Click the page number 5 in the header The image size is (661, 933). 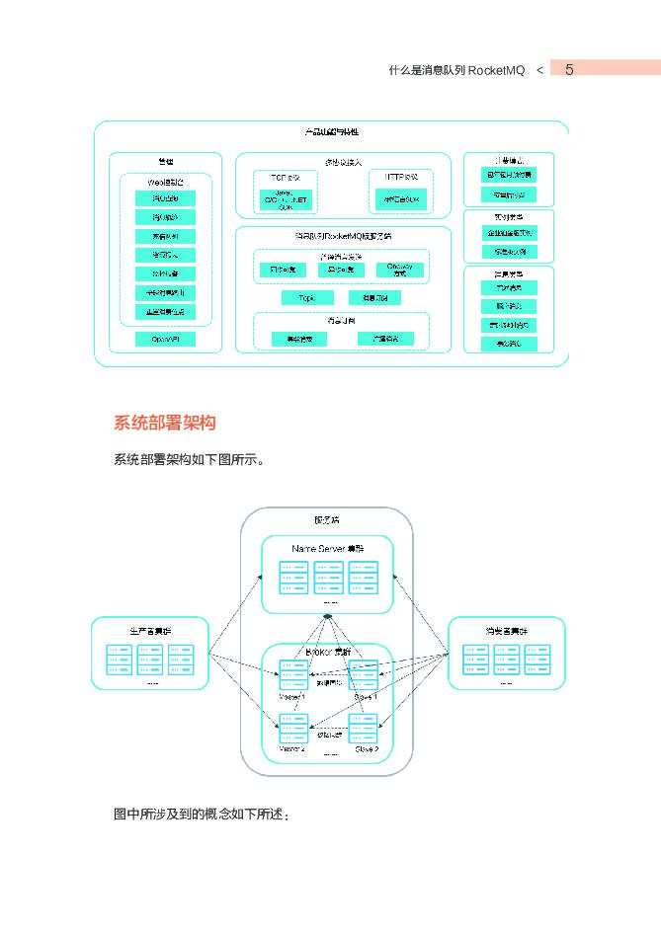coord(570,69)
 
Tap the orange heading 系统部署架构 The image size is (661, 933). coord(164,424)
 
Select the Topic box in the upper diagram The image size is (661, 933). coord(299,297)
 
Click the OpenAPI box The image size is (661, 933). coord(165,339)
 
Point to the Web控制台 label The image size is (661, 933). coord(165,183)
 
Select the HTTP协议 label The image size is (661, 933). coord(400,176)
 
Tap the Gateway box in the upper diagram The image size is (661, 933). coord(398,269)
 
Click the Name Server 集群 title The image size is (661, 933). coord(327,548)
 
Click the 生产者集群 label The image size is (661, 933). coord(149,630)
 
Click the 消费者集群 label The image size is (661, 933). coord(506,630)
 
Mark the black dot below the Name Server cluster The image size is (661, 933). coord(327,619)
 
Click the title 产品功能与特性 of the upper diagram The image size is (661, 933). coord(331,132)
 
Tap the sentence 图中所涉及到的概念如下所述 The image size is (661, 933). coord(202,815)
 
